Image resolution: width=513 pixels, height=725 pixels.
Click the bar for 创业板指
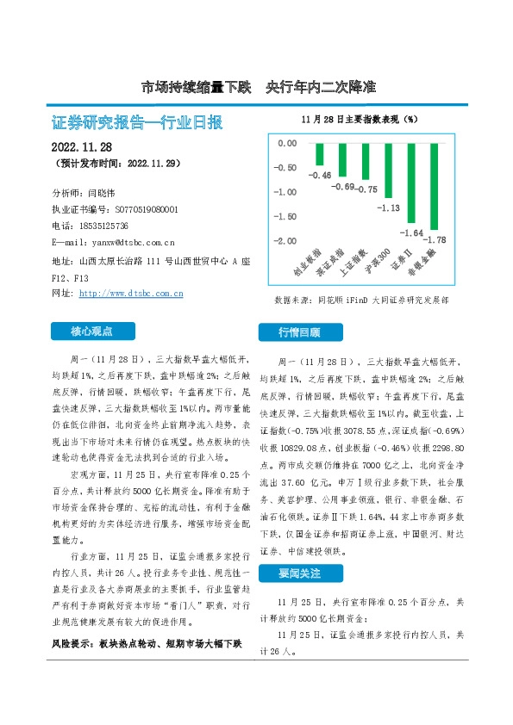click(x=320, y=153)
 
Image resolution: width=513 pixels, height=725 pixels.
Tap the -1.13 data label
click(x=389, y=208)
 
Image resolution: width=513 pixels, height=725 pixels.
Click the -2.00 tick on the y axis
click(x=286, y=240)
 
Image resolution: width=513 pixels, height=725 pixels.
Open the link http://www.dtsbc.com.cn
click(x=130, y=294)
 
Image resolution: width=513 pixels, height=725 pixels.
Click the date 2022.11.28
click(x=88, y=146)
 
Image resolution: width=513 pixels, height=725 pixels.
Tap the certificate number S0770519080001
click(x=146, y=209)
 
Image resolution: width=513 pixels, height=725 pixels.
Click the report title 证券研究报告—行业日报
click(x=137, y=122)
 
